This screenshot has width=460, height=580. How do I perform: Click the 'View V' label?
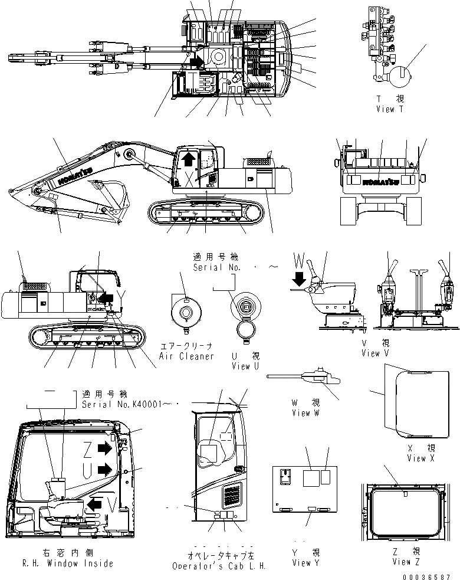375,353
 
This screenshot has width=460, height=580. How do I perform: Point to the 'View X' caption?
420,458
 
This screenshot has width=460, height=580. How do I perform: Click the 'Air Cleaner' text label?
186,356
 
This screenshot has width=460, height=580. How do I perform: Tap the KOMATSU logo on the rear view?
382,181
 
